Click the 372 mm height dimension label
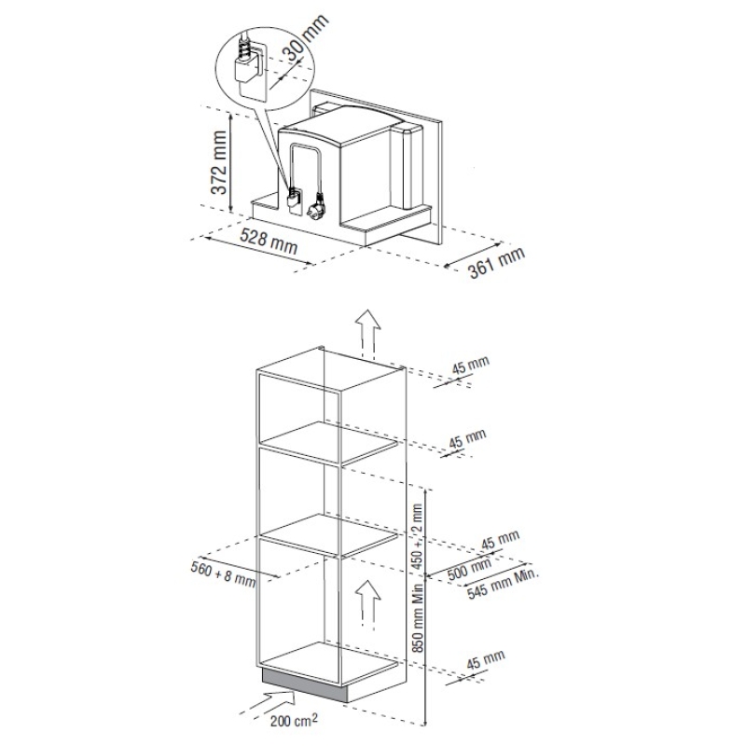[219, 162]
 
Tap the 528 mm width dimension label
[269, 242]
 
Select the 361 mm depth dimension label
[496, 262]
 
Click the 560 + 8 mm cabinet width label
[223, 573]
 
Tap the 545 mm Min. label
[503, 584]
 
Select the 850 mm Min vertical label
[418, 618]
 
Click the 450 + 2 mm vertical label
[417, 537]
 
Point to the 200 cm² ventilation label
[294, 720]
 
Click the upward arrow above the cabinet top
[367, 333]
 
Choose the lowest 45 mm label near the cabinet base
[485, 659]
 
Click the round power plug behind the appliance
[316, 205]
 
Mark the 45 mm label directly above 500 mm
[500, 541]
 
